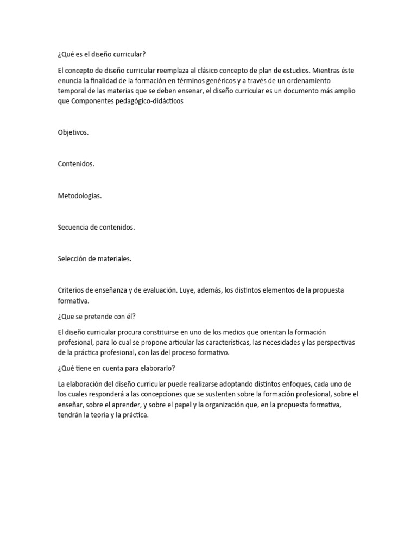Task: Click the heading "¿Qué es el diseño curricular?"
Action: pyautogui.click(x=102, y=55)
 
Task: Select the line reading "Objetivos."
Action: pyautogui.click(x=73, y=132)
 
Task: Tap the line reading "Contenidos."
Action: pyautogui.click(x=75, y=164)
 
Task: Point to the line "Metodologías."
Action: pyautogui.click(x=79, y=195)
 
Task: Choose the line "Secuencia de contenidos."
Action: pyautogui.click(x=96, y=228)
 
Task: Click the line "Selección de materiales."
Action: pyautogui.click(x=94, y=259)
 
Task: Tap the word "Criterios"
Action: pyautogui.click(x=71, y=290)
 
